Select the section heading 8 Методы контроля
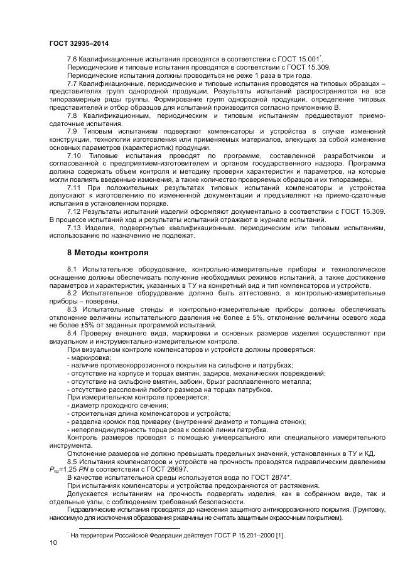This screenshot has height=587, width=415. point(108,253)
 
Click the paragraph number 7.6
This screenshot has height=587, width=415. point(72,58)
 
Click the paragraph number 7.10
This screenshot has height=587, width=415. point(75,155)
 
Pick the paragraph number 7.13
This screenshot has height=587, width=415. point(74,228)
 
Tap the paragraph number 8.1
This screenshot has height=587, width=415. point(72,270)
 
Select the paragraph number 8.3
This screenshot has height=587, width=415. point(72,310)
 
